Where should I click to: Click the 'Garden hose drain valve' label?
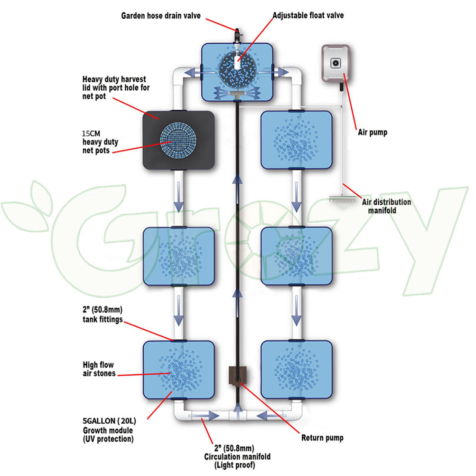pyautogui.click(x=161, y=16)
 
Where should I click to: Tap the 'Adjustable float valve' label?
pyautogui.click(x=308, y=16)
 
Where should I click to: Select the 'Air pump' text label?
pyautogui.click(x=372, y=133)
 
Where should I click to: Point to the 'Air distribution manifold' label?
pyautogui.click(x=387, y=206)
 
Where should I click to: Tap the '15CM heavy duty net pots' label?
pyautogui.click(x=100, y=142)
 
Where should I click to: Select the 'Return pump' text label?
pyautogui.click(x=322, y=438)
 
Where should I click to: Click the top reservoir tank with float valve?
pyautogui.click(x=238, y=72)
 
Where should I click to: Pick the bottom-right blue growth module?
pyautogui.click(x=297, y=369)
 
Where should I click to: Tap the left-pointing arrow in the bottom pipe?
pyautogui.click(x=266, y=416)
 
